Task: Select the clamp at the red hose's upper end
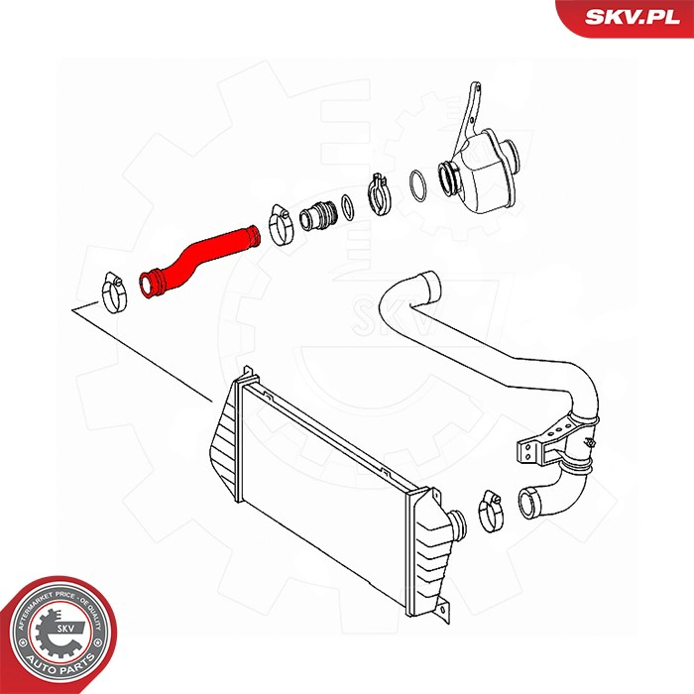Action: click(x=279, y=224)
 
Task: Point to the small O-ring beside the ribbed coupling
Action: click(x=347, y=206)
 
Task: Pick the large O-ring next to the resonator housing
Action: click(x=419, y=183)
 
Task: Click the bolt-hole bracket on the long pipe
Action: click(x=534, y=451)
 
